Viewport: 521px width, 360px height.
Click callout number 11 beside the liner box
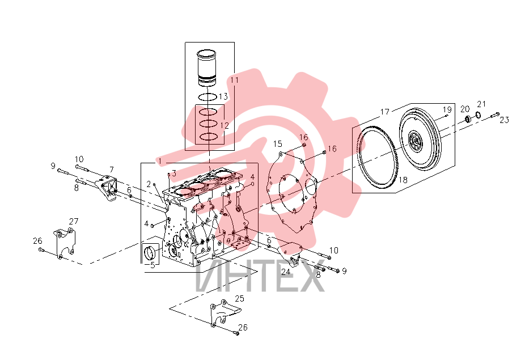tap(234, 80)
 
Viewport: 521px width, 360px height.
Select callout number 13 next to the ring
tap(223, 96)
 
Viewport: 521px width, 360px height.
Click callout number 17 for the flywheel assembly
tap(385, 112)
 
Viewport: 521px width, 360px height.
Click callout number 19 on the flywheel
tap(447, 109)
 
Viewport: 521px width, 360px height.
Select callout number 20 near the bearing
tap(465, 109)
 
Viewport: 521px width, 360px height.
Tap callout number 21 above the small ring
tap(481, 104)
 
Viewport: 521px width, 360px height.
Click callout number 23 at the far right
tap(505, 120)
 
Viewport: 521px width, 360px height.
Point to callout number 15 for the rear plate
tap(277, 143)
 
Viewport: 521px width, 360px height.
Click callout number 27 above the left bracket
tap(74, 221)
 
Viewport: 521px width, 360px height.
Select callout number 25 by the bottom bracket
tap(240, 299)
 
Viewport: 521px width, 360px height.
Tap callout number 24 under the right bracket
tap(286, 272)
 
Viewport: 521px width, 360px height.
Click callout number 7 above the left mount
tap(112, 170)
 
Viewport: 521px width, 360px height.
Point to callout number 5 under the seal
tap(153, 265)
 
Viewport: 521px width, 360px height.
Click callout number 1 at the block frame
tap(160, 161)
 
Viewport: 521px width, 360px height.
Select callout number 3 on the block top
tap(174, 173)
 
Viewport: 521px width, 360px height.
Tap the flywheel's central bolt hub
tap(414, 141)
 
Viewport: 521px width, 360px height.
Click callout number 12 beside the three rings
tap(225, 125)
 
